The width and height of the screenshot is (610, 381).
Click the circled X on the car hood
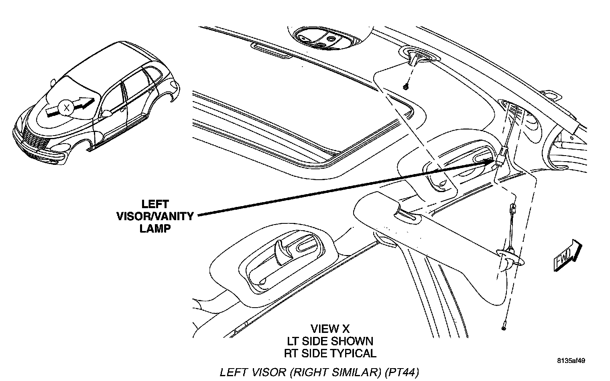(x=67, y=107)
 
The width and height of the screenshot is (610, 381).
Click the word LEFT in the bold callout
(x=155, y=204)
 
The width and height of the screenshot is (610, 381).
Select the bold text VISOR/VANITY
(x=155, y=217)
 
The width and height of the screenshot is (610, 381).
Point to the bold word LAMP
(x=155, y=229)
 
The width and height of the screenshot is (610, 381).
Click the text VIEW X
(x=330, y=329)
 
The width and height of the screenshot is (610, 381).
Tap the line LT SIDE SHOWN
(x=330, y=341)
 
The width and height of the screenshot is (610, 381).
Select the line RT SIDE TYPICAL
(x=330, y=354)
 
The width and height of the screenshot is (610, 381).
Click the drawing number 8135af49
(x=571, y=361)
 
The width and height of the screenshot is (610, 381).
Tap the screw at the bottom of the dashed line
(x=503, y=328)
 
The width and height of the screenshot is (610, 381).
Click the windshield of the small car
(x=66, y=90)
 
